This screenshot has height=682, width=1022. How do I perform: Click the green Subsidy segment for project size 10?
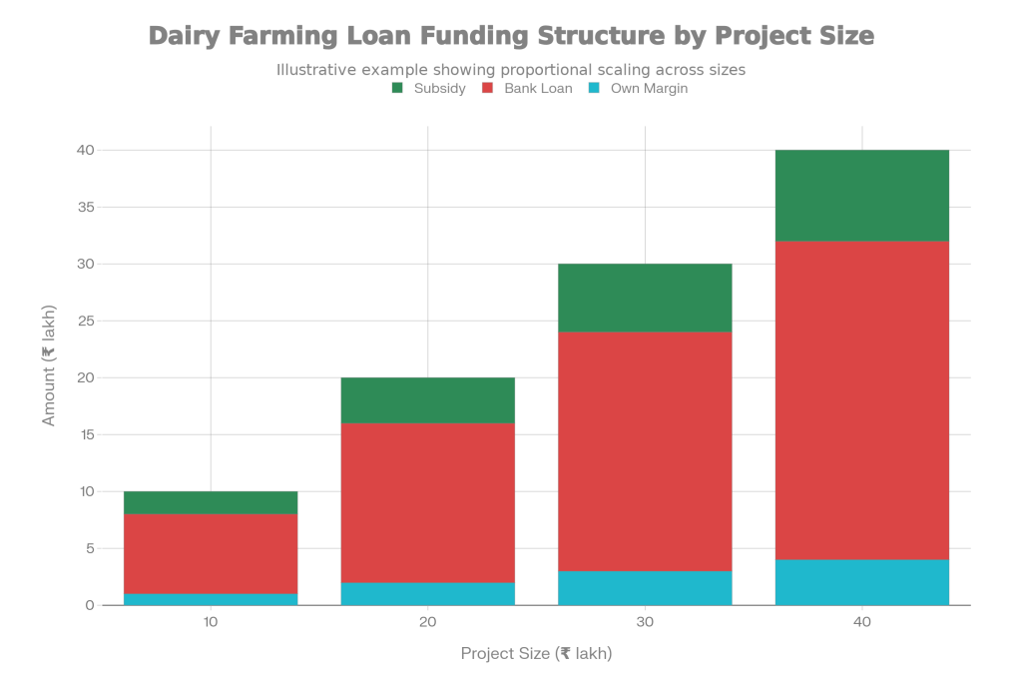point(211,502)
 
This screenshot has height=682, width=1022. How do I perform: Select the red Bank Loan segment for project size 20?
point(428,502)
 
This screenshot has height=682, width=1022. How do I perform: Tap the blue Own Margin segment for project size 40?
point(862,582)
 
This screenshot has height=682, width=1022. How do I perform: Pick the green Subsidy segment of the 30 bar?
point(645,298)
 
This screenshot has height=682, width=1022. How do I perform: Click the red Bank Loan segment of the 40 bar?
point(862,399)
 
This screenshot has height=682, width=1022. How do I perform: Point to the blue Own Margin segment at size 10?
point(211,599)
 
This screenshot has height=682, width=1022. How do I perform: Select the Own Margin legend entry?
point(638,88)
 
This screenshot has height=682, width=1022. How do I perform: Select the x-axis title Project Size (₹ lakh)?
point(536,654)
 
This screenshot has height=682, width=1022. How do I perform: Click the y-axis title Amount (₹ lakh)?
point(49,377)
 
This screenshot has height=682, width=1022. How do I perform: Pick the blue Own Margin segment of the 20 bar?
point(428,593)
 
